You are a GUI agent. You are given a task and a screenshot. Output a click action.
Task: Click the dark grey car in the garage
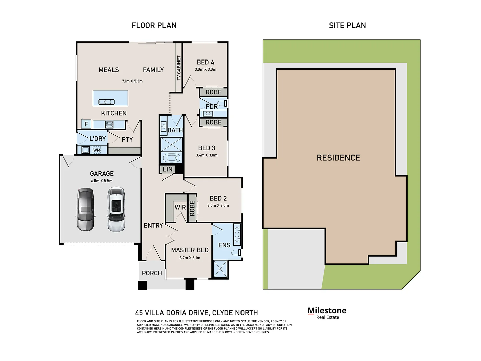tap(86, 210)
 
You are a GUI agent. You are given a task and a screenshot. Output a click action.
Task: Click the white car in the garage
tap(116, 210)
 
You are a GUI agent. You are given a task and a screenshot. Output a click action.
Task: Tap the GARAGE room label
tap(102, 174)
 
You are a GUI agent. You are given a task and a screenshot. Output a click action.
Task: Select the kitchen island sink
tap(106, 102)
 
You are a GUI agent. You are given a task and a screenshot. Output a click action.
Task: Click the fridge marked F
tap(86, 124)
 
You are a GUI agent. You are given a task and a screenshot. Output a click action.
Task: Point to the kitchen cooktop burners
tap(109, 125)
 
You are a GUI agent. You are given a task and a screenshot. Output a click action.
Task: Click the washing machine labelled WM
tap(97, 150)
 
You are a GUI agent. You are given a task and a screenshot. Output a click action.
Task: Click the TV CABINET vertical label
tap(179, 68)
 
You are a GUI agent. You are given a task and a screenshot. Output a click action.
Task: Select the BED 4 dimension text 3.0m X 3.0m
tap(205, 69)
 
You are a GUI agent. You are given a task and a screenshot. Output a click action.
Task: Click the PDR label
tap(211, 106)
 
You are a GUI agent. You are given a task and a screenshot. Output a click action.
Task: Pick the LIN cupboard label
tap(168, 169)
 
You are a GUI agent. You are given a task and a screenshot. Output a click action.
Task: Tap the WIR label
tap(180, 207)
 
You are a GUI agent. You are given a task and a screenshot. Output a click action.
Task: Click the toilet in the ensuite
tap(237, 252)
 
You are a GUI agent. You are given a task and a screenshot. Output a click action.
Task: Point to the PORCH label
tap(152, 273)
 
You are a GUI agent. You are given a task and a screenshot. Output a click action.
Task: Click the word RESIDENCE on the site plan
tap(338, 158)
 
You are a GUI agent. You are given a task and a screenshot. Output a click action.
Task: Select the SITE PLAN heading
tap(347, 25)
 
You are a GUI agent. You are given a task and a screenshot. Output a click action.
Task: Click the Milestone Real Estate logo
tap(327, 313)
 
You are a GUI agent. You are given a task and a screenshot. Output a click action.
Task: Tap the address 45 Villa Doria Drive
tap(196, 313)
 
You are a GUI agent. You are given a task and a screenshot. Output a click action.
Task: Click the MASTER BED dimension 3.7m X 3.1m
tap(190, 258)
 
